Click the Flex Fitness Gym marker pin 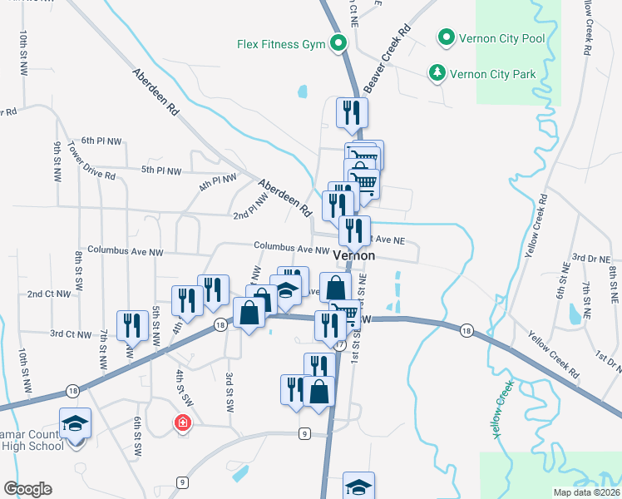pos(338,42)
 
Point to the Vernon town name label pos(354,257)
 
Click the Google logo pos(27,489)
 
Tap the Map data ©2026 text pos(585,492)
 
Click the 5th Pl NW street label pos(160,170)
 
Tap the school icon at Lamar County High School pos(75,423)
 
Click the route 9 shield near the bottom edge pos(181,482)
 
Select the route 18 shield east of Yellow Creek pos(466,331)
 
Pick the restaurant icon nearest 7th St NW pos(131,324)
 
